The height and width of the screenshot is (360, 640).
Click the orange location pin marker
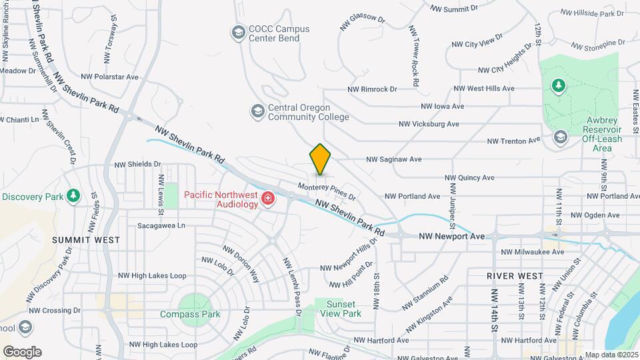pyautogui.click(x=321, y=159)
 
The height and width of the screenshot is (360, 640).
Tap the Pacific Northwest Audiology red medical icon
pyautogui.click(x=268, y=198)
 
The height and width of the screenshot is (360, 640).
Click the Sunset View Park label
pyautogui.click(x=340, y=309)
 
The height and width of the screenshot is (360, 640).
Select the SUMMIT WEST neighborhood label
pyautogui.click(x=87, y=239)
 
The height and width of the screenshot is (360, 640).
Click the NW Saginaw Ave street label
pyautogui.click(x=393, y=159)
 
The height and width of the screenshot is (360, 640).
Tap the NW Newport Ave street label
pyautogui.click(x=452, y=236)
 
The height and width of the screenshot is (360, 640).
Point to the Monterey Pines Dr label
pyautogui.click(x=327, y=191)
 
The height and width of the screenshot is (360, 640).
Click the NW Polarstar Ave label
pyautogui.click(x=109, y=77)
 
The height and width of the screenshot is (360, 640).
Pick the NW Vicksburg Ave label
pyautogui.click(x=429, y=124)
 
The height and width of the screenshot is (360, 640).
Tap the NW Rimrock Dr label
pyautogui.click(x=372, y=89)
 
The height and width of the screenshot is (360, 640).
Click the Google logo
pyautogui.click(x=22, y=351)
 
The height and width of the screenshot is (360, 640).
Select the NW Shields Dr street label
pyautogui.click(x=137, y=164)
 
